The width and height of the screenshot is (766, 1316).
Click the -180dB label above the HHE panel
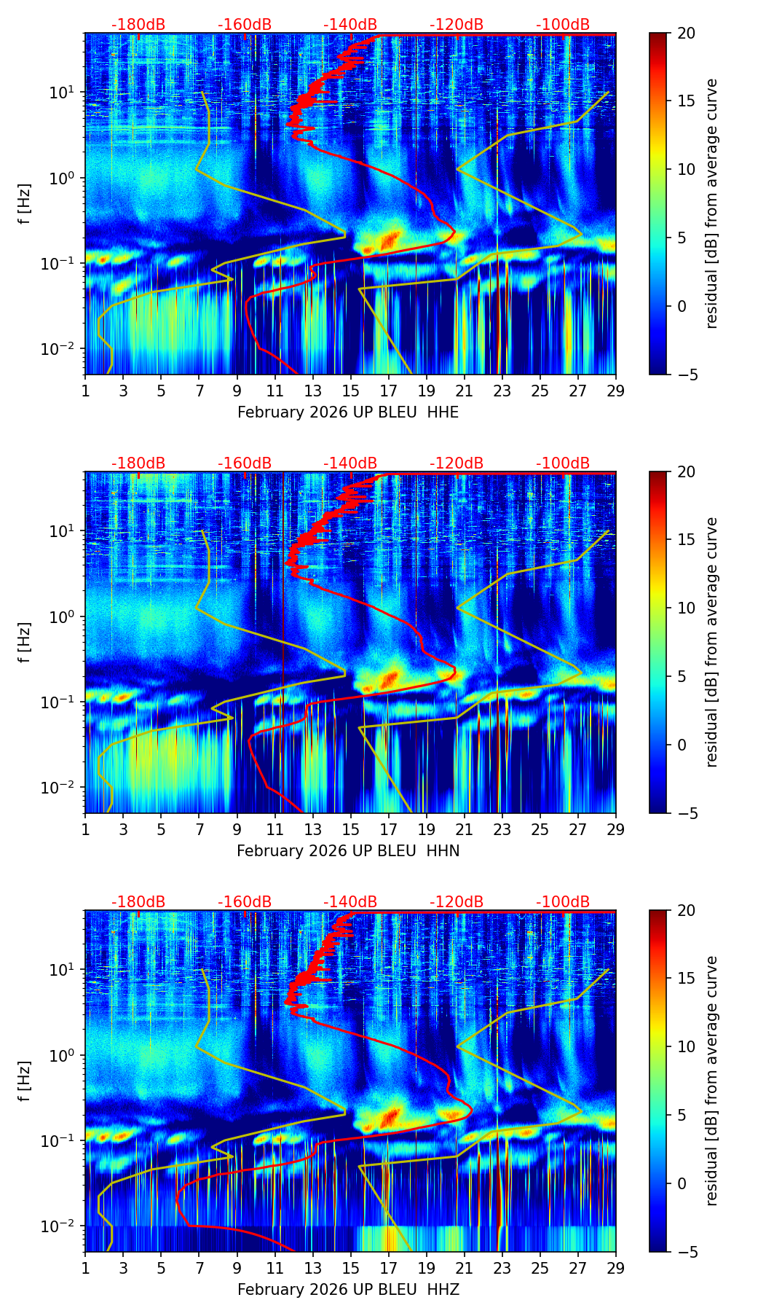138,25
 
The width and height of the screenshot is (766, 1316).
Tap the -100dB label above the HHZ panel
563,902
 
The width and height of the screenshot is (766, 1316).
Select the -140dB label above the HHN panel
350,463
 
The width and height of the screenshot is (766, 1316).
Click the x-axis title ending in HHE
348,412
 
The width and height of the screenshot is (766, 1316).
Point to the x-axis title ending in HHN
348,851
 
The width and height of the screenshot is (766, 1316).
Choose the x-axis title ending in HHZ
348,1290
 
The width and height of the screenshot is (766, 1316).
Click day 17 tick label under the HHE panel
389,391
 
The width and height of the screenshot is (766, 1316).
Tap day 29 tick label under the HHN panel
616,830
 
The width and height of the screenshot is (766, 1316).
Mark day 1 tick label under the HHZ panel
86,1269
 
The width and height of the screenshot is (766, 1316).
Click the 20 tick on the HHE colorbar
686,34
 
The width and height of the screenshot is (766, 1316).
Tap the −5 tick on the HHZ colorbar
686,1252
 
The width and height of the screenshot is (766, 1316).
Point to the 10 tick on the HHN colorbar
686,608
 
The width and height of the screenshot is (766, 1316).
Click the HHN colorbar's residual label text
711,642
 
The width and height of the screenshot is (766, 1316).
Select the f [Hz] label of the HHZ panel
25,1081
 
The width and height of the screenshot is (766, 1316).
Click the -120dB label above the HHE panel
457,25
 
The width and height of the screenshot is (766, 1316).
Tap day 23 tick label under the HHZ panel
502,1269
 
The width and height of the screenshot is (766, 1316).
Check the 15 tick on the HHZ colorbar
686,979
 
